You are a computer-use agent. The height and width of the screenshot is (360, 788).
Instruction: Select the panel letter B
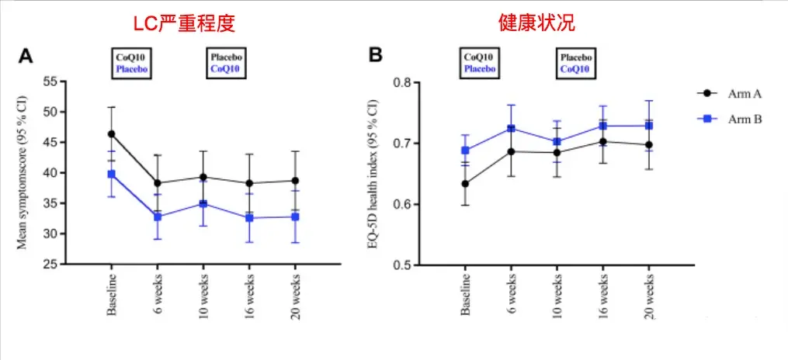point(375,56)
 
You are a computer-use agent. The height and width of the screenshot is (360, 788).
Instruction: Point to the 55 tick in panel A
point(50,81)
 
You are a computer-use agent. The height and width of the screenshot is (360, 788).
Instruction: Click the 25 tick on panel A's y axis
point(50,265)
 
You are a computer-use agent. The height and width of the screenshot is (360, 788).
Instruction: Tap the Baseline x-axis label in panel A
point(111,296)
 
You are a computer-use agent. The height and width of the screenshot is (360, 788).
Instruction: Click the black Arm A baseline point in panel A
point(112,133)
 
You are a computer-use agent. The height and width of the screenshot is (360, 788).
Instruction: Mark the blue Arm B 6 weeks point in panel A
point(158,216)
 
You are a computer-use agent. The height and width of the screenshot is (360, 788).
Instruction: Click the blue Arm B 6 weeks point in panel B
point(511,128)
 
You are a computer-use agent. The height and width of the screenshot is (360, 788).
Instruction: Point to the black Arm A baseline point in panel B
point(465,184)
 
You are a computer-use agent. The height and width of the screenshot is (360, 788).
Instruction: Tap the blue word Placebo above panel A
point(132,69)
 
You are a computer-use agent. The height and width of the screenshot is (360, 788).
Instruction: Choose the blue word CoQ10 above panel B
point(576,69)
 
